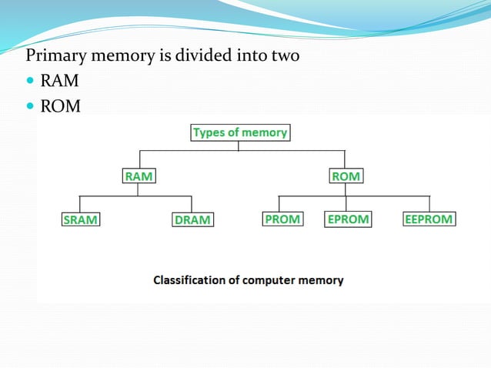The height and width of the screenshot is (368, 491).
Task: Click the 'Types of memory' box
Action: tap(239, 132)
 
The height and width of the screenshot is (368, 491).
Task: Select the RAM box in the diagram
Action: tap(139, 176)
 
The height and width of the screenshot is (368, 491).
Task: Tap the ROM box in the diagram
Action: tap(346, 176)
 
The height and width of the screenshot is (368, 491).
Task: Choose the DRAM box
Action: tap(192, 219)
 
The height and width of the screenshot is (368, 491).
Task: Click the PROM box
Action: tap(282, 219)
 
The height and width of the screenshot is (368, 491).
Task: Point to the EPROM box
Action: tap(348, 219)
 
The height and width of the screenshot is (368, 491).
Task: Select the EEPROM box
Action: tap(429, 219)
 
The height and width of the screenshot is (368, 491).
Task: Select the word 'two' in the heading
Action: tap(284, 56)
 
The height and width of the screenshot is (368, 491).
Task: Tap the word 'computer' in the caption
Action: tap(272, 280)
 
